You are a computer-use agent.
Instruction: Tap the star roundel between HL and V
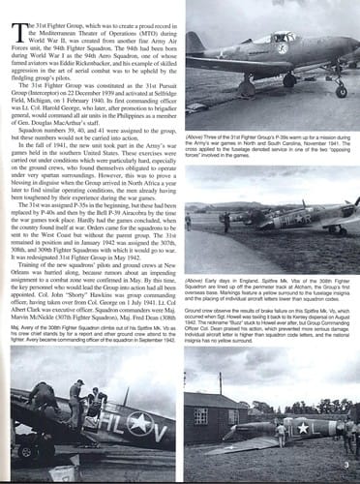pyautogui.click(x=134, y=423)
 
